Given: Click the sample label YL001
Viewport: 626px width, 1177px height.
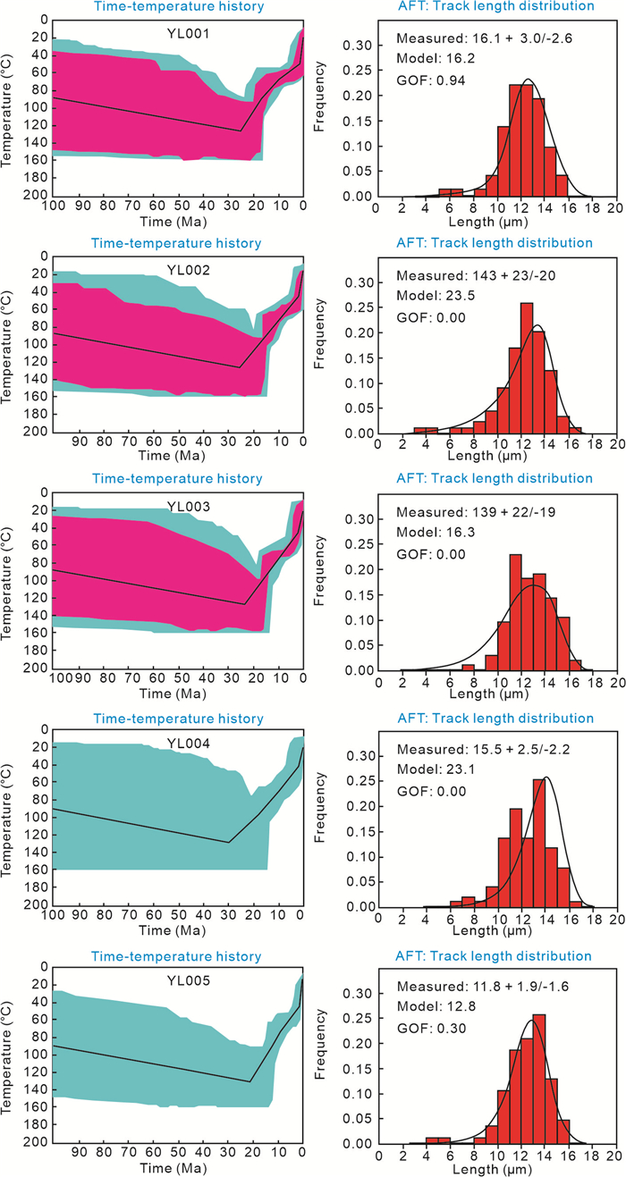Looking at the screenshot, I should point(176,37).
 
